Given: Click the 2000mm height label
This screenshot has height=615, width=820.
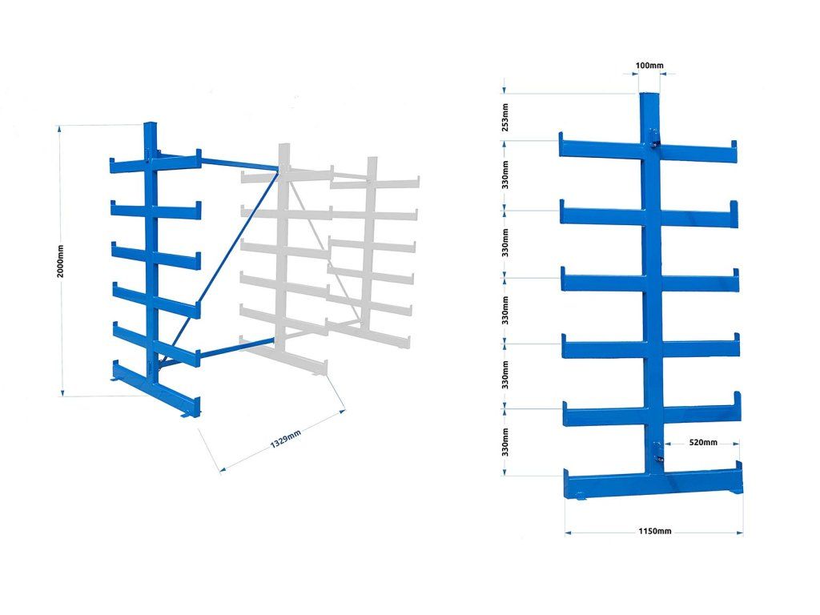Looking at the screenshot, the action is pyautogui.click(x=61, y=261).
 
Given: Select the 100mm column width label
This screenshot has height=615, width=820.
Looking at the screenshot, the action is pyautogui.click(x=649, y=66).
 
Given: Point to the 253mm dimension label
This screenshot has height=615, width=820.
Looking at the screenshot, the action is pyautogui.click(x=505, y=117).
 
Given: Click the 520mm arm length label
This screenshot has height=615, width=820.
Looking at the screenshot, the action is pyautogui.click(x=703, y=442).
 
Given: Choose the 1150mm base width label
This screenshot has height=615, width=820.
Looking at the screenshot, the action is pyautogui.click(x=655, y=532).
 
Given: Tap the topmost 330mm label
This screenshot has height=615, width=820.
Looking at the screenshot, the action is pyautogui.click(x=505, y=175).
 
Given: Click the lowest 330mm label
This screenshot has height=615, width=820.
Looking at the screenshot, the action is pyautogui.click(x=505, y=442).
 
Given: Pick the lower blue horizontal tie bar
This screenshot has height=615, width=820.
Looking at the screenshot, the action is pyautogui.click(x=237, y=349).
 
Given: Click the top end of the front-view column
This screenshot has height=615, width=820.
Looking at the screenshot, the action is pyautogui.click(x=650, y=94).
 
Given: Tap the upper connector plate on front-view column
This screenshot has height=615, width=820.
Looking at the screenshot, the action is pyautogui.click(x=653, y=138).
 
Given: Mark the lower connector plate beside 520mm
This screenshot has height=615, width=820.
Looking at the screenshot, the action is pyautogui.click(x=658, y=452).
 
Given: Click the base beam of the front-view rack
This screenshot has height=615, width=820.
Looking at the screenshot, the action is pyautogui.click(x=653, y=484).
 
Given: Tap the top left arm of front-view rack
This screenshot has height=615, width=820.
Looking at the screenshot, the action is pyautogui.click(x=601, y=147).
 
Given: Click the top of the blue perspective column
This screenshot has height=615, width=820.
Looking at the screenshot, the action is pyautogui.click(x=150, y=124).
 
